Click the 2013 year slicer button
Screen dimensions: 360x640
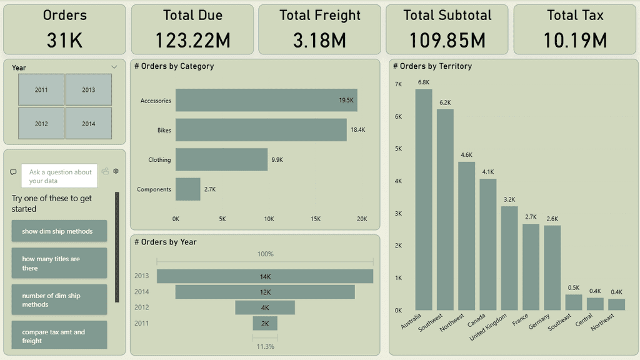pyautogui.click(x=89, y=90)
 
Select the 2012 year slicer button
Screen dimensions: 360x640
pyautogui.click(x=41, y=124)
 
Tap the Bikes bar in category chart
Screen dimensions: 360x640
pyautogui.click(x=261, y=130)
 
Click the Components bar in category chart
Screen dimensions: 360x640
pyautogui.click(x=187, y=189)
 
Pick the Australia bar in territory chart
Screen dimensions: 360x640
pyautogui.click(x=424, y=199)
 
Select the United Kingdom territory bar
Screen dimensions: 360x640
pyautogui.click(x=509, y=258)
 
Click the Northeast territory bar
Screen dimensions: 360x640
pyautogui.click(x=616, y=304)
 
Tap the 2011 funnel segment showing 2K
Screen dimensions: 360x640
pyautogui.click(x=265, y=323)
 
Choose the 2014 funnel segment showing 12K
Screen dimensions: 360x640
pyautogui.click(x=265, y=292)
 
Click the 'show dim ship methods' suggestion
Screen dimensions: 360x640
pyautogui.click(x=59, y=231)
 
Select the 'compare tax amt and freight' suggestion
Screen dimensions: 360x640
pyautogui.click(x=59, y=336)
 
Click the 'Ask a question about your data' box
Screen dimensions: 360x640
pyautogui.click(x=59, y=176)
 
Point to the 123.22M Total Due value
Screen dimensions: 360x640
pyautogui.click(x=192, y=41)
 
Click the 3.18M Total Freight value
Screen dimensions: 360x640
pyautogui.click(x=319, y=41)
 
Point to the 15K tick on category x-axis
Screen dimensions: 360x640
pyautogui.click(x=316, y=219)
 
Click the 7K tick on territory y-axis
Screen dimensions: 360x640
pyautogui.click(x=398, y=84)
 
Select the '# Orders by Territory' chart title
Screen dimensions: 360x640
pyautogui.click(x=432, y=66)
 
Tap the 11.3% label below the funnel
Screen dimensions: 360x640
pyautogui.click(x=265, y=346)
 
